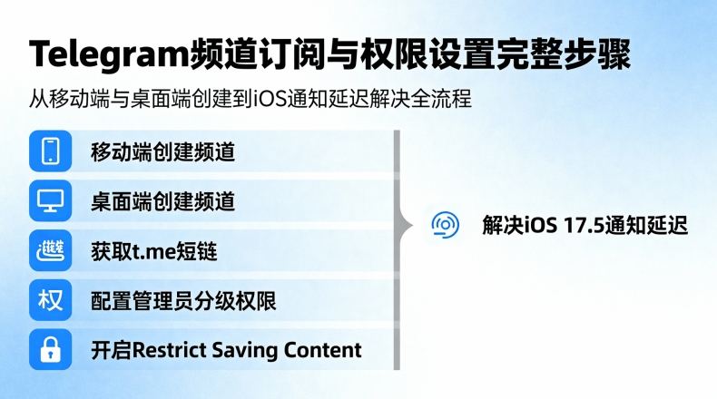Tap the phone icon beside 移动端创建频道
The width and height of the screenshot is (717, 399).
pos(50,151)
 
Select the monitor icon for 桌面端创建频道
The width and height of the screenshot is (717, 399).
pos(50,200)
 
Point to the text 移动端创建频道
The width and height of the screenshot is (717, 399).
pos(162,151)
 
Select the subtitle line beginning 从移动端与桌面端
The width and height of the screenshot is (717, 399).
pos(250,98)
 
